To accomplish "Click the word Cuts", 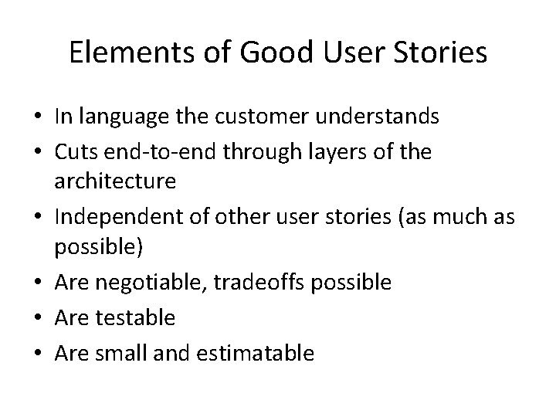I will (76, 152).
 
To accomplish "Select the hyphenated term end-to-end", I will (162, 152).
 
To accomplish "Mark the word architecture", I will (115, 182).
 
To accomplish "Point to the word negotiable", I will (152, 283).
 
